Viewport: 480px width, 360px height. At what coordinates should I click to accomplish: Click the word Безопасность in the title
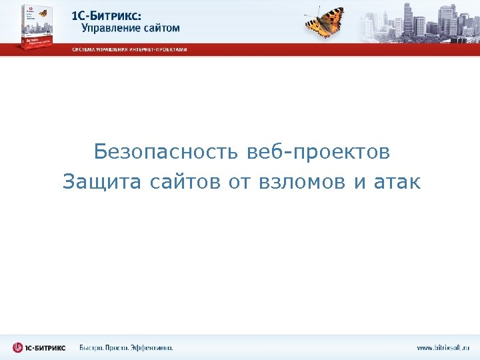coord(167,153)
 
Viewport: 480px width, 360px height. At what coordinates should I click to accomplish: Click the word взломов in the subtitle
coord(300,181)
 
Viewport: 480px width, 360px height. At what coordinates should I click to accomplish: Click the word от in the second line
coord(238,181)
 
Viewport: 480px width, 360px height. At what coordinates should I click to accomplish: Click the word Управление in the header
coord(109,28)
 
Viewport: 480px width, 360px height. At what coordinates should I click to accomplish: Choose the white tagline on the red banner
coord(129,49)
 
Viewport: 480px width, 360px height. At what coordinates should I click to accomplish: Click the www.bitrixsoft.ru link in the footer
coord(443,347)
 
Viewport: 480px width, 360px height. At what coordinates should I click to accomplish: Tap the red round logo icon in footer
coord(18,347)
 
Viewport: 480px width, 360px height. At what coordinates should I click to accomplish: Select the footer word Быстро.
coord(93,347)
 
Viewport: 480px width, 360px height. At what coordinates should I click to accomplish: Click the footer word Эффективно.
coord(152,347)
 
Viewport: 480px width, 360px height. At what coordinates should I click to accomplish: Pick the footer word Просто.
coord(119,347)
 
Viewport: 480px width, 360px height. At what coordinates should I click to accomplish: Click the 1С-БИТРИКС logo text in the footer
coord(47,347)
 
